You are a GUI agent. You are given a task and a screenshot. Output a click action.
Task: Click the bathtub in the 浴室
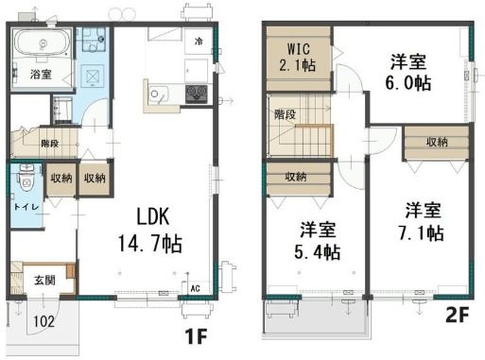(43, 43)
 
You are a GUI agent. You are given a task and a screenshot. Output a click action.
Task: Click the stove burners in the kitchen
(197, 94)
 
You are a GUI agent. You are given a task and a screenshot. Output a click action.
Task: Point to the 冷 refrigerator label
(199, 41)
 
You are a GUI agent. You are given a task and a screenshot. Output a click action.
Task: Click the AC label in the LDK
(196, 288)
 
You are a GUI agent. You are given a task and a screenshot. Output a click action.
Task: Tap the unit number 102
(44, 321)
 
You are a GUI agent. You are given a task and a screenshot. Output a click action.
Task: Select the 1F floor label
(196, 336)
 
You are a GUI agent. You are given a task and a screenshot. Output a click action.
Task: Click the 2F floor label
(457, 315)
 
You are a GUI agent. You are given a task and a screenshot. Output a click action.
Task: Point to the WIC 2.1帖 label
(298, 58)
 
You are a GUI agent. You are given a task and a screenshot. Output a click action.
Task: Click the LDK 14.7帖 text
(150, 230)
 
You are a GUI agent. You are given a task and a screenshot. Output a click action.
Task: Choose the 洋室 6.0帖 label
(408, 73)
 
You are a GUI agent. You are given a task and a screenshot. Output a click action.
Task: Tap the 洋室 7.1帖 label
(423, 222)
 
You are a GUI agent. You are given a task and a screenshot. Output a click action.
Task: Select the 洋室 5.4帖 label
(318, 241)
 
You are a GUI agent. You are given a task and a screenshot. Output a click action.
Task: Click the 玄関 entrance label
(45, 280)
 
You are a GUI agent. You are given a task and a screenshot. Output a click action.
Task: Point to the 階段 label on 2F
(285, 114)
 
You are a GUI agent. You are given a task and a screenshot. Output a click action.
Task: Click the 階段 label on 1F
(50, 144)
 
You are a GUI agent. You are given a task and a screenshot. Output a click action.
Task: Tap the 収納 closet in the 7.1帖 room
(437, 143)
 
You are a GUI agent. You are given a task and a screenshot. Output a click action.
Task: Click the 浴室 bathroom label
(41, 75)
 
